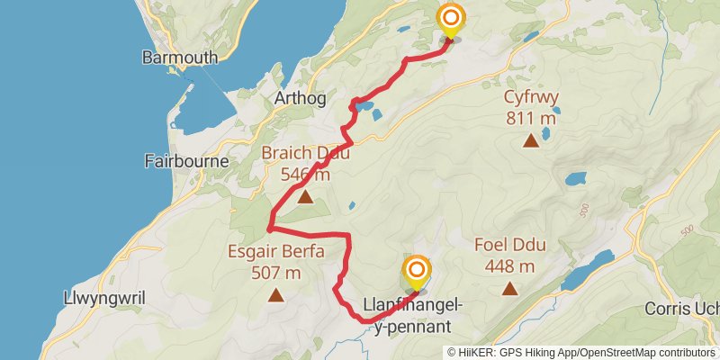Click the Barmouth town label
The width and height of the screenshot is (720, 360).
click(x=180, y=58)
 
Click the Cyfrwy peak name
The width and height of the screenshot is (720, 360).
click(x=531, y=100)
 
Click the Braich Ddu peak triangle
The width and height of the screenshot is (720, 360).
click(x=305, y=197)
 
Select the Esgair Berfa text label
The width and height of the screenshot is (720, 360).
click(x=276, y=253)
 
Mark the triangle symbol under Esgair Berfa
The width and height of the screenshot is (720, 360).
click(x=276, y=294)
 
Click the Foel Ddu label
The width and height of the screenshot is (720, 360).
click(x=510, y=246)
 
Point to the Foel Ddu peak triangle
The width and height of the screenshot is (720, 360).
click(x=510, y=289)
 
